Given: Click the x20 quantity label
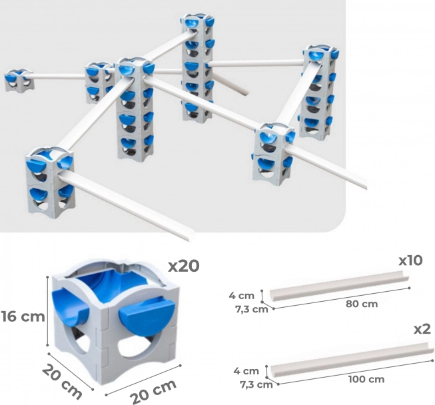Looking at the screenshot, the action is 184,266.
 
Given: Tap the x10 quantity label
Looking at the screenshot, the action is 410,260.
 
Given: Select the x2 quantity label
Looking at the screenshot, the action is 422,329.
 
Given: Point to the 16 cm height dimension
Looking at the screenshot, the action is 23,316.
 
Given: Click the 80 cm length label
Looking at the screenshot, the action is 362,304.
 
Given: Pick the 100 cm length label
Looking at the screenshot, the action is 366,379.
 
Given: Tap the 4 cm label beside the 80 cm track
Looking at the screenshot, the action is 241,296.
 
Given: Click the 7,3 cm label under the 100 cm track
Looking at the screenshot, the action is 256,385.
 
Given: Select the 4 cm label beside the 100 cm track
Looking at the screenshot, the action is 246,371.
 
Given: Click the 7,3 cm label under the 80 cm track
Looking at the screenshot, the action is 252,309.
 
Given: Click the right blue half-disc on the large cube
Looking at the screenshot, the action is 147,316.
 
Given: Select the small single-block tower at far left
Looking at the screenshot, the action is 19,81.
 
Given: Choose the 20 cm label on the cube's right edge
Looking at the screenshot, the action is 154,392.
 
